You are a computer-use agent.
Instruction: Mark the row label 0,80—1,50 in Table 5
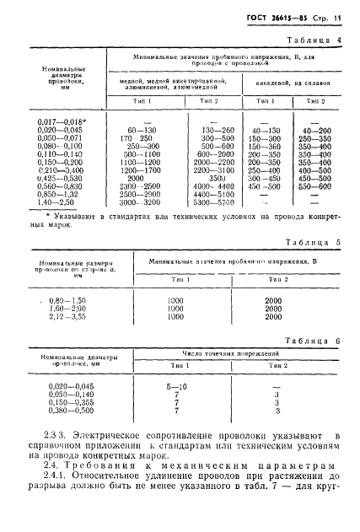pos(63,301)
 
